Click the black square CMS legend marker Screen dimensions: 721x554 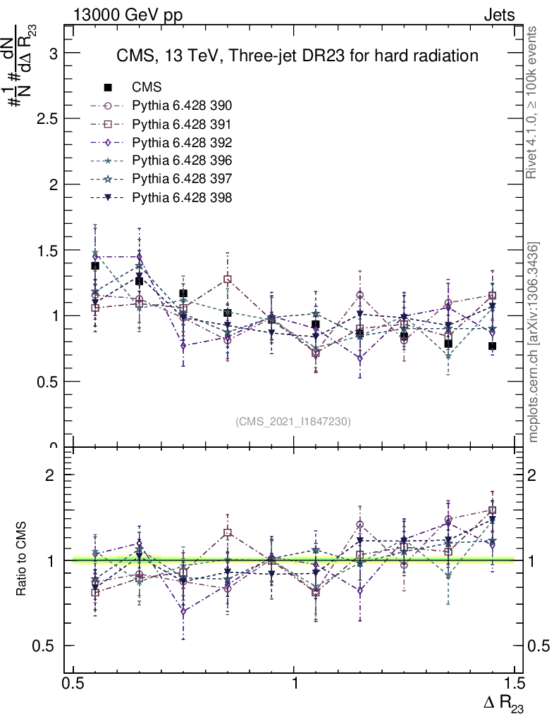[108, 87]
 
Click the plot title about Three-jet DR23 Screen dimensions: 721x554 [297, 56]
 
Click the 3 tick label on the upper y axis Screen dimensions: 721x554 [52, 54]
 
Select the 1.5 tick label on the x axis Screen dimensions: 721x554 [515, 684]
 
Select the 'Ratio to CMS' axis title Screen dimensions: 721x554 [22, 560]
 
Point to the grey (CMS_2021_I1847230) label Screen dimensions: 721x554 [293, 421]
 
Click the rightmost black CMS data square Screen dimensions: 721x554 [492, 346]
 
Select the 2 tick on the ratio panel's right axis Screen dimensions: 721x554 [537, 475]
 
